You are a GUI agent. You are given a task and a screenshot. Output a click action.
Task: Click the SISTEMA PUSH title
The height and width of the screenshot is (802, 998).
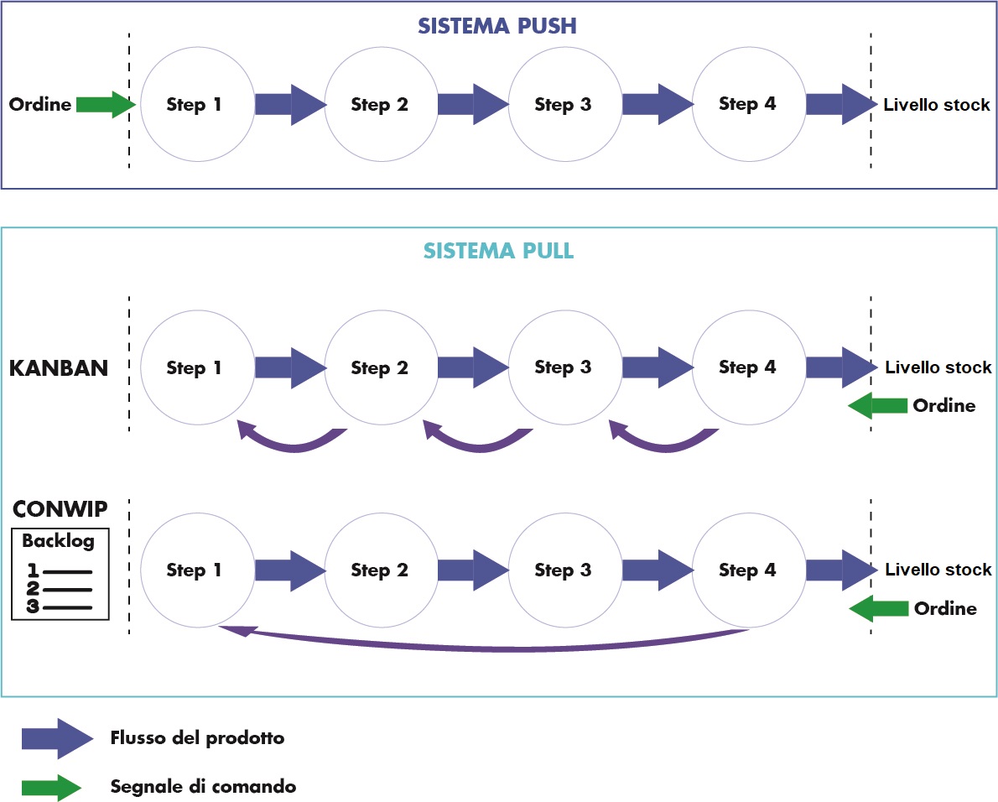(498, 26)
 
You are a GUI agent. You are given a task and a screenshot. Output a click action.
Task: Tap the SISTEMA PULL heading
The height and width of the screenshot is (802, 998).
(498, 251)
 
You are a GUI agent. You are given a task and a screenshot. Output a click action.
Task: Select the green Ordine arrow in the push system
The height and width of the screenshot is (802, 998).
(105, 105)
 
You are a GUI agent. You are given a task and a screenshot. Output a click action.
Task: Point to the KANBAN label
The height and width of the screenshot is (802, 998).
(59, 368)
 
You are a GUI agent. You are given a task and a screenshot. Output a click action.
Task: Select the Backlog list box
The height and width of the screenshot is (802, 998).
(60, 575)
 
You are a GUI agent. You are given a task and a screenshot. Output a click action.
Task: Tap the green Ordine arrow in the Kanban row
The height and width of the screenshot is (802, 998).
(877, 407)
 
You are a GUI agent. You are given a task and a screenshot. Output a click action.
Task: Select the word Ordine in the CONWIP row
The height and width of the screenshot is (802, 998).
(945, 609)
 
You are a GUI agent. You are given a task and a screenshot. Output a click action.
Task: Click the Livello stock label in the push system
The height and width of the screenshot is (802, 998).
(937, 106)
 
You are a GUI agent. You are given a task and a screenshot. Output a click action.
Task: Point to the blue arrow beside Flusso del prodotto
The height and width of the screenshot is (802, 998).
(57, 738)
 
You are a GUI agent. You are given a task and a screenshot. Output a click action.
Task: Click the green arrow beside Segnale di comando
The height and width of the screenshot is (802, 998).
(51, 787)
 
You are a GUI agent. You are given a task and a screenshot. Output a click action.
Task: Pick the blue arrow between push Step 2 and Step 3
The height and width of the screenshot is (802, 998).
(472, 105)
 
